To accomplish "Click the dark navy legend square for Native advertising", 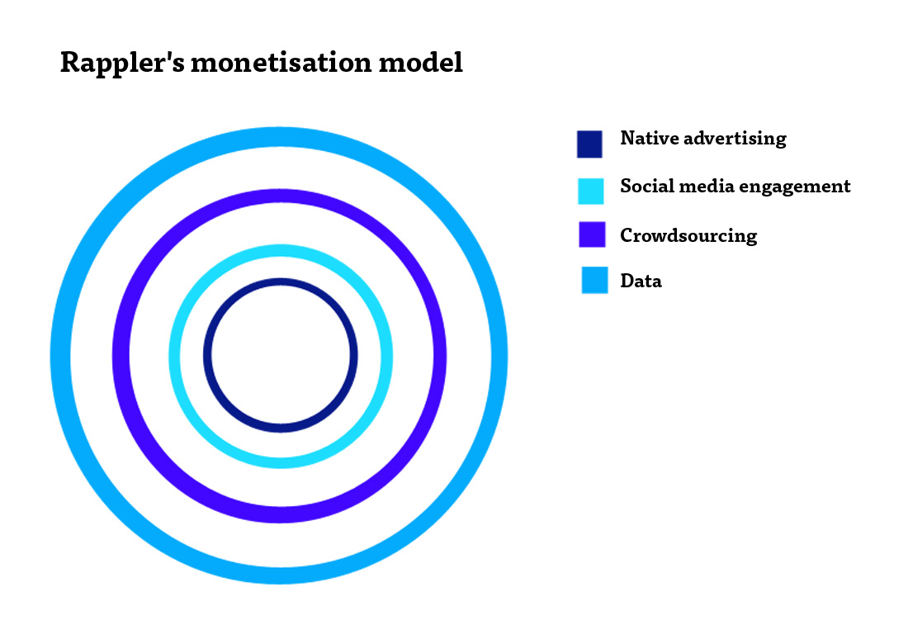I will click(590, 144).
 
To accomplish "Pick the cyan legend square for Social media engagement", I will click(590, 192).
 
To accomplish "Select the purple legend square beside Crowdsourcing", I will click(593, 234).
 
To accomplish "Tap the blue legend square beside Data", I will click(594, 280).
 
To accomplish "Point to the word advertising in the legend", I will click(735, 139).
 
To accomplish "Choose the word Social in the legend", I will click(646, 186).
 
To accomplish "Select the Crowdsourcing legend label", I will click(688, 236).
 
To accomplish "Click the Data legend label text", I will click(641, 281).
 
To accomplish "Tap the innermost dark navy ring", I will click(281, 283).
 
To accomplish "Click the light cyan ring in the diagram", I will click(281, 249).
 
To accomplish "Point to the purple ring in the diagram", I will click(281, 196).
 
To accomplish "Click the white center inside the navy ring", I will click(281, 356).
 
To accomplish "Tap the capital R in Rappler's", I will click(69, 64).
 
